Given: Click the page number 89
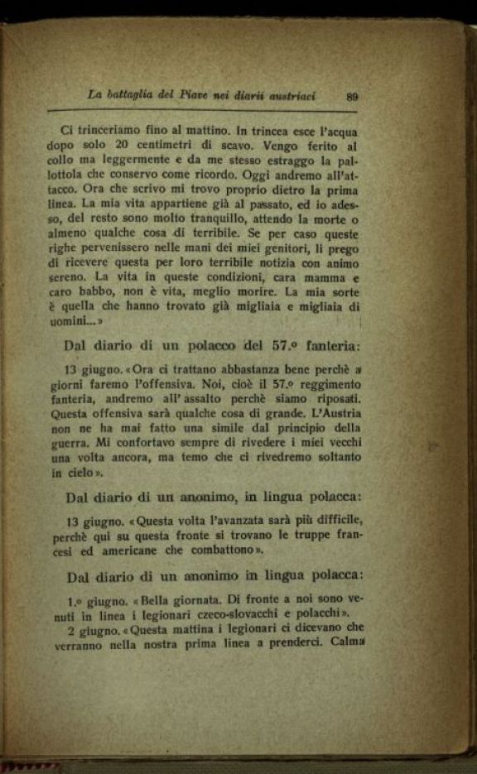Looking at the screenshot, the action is click(x=352, y=96).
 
